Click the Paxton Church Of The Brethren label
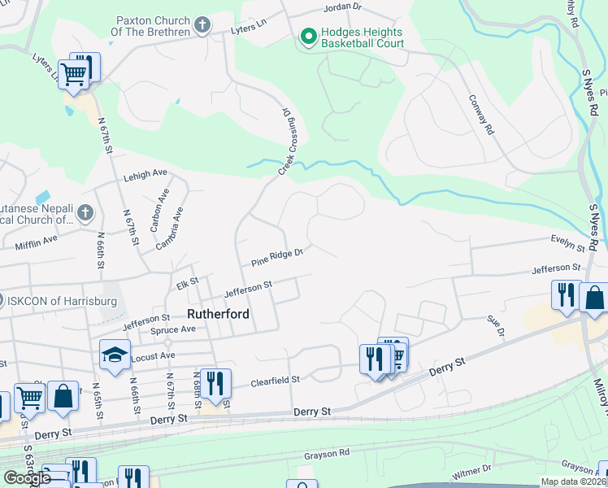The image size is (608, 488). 152,24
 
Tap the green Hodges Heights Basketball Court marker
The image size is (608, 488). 308,37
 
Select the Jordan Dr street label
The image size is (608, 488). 341,7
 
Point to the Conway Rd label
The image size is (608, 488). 481,114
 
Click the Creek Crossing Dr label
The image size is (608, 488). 289,141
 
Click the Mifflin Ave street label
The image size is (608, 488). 37,241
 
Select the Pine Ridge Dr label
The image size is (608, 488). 277,258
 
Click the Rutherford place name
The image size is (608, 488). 217,313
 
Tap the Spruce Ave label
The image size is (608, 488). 173,330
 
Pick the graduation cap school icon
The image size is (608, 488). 115,355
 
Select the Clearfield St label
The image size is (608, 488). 276,380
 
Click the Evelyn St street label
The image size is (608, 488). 568,243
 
